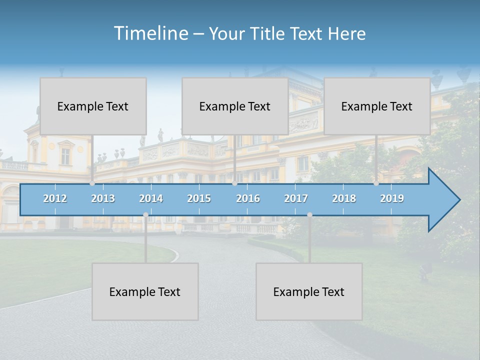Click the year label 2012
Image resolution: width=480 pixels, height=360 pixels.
pyautogui.click(x=55, y=198)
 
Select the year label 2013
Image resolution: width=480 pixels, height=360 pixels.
pyautogui.click(x=103, y=198)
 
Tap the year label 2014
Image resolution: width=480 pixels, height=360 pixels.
pyautogui.click(x=151, y=198)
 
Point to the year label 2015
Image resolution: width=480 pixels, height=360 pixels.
pyautogui.click(x=199, y=198)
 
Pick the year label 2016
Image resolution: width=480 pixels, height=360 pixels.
pyautogui.click(x=248, y=198)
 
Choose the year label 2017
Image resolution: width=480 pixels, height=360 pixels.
pyautogui.click(x=296, y=198)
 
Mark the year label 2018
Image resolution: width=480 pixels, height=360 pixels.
pyautogui.click(x=344, y=198)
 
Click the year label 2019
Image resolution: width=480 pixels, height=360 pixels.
pyautogui.click(x=392, y=198)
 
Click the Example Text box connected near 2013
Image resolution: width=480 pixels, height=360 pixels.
pyautogui.click(x=93, y=106)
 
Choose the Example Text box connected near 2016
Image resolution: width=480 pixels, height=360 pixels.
pyautogui.click(x=235, y=106)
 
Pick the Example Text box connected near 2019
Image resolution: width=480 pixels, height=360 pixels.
pyautogui.click(x=377, y=106)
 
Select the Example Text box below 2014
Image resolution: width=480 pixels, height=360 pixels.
pyautogui.click(x=145, y=291)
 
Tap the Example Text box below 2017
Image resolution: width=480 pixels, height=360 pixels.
pyautogui.click(x=309, y=291)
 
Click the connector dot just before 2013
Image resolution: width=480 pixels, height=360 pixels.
pyautogui.click(x=92, y=183)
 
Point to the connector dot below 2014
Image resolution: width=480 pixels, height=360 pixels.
pyautogui.click(x=145, y=215)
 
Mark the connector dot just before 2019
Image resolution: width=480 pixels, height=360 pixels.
pyautogui.click(x=376, y=183)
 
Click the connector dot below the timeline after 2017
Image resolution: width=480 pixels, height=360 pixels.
pyautogui.click(x=309, y=215)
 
